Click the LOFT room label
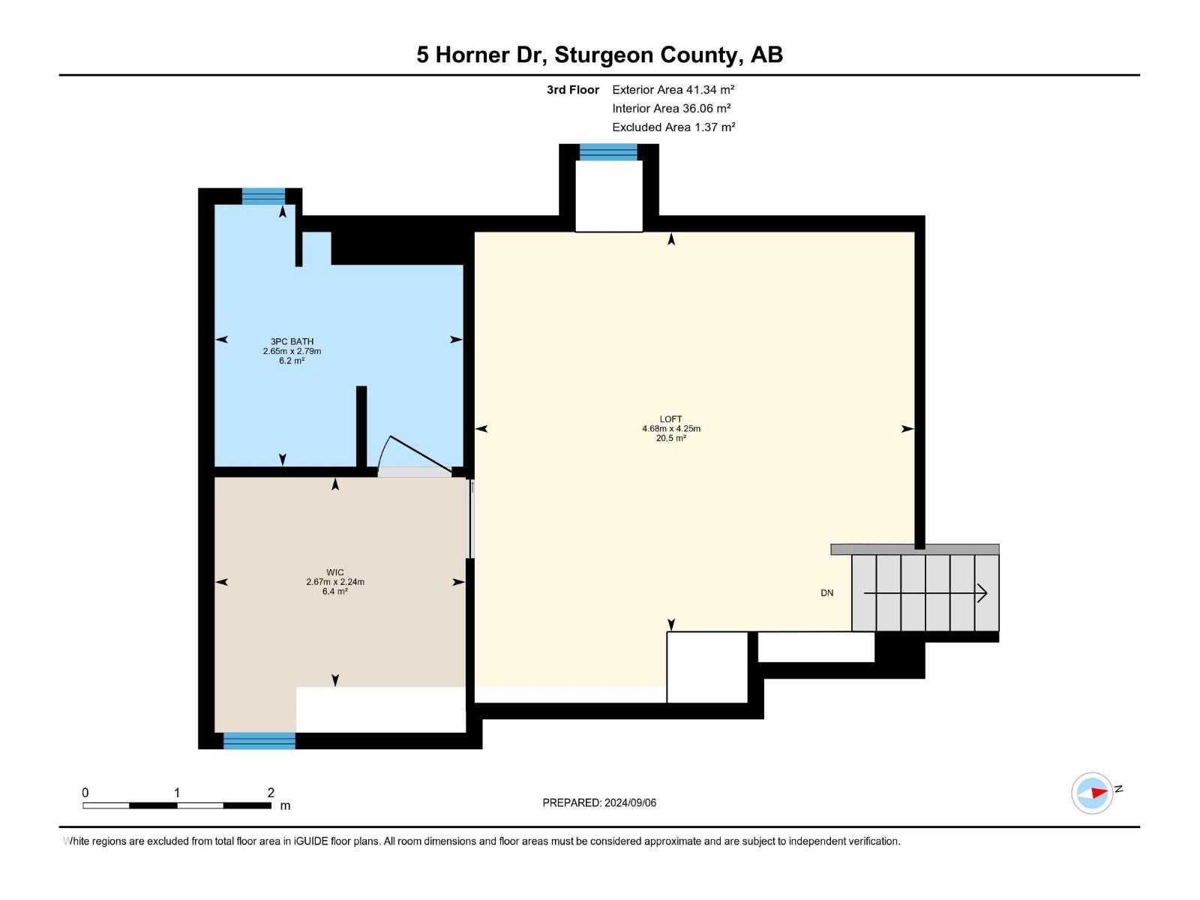point(670,419)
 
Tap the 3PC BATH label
point(292,341)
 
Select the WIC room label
point(335,572)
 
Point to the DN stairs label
point(826,593)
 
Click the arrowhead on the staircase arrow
point(982,593)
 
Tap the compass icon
point(1092,793)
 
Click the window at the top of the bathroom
point(263,196)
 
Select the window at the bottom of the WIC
point(259,741)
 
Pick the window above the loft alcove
point(608,152)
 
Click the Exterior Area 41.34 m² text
point(673,89)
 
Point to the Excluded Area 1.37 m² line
point(673,127)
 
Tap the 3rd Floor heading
point(572,90)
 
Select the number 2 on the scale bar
point(271,793)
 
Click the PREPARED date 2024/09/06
point(630,802)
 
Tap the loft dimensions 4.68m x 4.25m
point(670,429)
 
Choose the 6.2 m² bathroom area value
point(292,361)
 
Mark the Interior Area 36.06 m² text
point(671,109)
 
